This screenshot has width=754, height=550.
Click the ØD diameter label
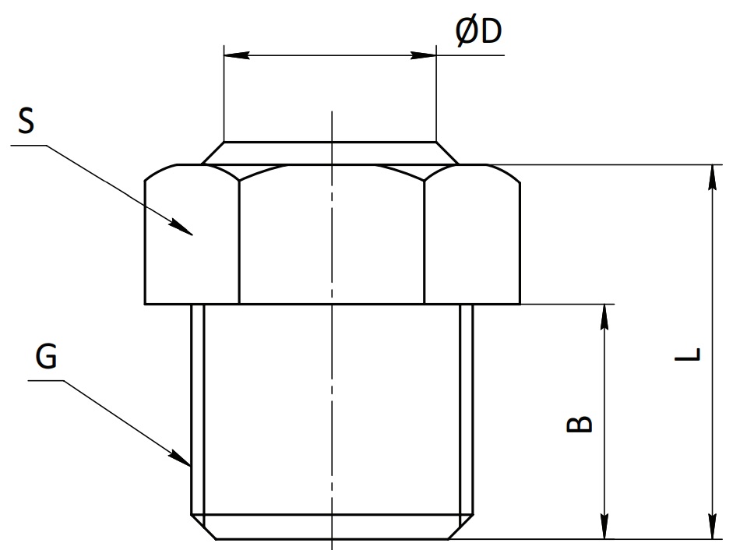click(478, 32)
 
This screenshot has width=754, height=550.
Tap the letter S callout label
click(26, 121)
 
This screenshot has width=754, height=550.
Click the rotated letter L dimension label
click(688, 354)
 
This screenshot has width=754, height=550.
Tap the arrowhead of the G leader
click(180, 459)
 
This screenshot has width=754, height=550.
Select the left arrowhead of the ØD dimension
click(237, 55)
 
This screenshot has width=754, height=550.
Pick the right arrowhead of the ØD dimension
click(423, 55)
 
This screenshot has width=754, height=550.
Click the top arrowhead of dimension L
click(713, 178)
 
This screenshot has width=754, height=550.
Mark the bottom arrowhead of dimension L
click(713, 526)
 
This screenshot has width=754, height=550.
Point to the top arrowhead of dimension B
click(604, 317)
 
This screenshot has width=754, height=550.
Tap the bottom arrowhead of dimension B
click(604, 526)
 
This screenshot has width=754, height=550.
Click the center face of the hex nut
click(332, 235)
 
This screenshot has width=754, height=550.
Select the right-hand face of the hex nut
click(472, 235)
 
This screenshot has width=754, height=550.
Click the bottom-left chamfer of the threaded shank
click(203, 527)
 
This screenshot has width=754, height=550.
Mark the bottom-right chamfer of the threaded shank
click(460, 527)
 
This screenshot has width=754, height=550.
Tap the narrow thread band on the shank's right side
click(467, 409)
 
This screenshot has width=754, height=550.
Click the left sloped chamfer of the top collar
click(213, 153)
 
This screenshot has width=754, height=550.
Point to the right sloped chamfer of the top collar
click(447, 153)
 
